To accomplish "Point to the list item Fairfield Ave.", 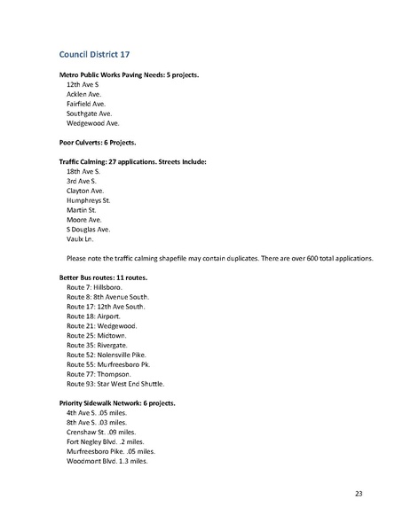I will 86,104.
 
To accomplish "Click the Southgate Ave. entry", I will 89,113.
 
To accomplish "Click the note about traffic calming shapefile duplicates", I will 219,258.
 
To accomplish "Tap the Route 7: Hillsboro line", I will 96,287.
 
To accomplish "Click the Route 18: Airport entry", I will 95,316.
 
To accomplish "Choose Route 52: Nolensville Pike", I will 108,355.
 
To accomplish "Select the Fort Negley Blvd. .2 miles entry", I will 105,441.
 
